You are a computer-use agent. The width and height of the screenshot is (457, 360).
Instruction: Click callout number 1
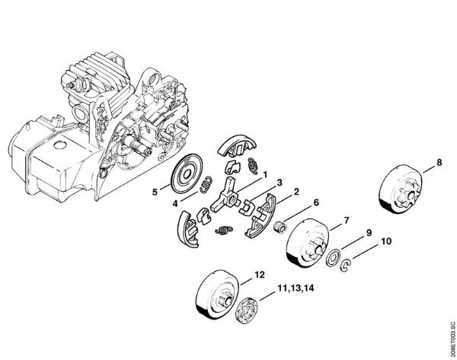tap(264, 174)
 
